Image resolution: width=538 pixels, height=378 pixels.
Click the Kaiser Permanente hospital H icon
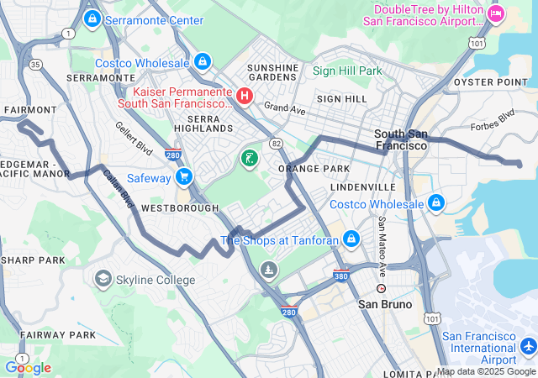pos(245,96)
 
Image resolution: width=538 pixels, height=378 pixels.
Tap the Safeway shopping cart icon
pos(185,177)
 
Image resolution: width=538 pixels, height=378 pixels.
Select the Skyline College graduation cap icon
pos(103,278)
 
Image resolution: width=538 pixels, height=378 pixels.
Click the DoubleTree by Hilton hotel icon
pos(496,13)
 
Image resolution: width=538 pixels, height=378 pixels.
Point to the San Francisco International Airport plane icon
pos(528,345)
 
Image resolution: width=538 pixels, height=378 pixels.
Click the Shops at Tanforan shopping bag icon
pos(351,240)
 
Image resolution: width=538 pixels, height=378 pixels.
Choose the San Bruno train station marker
pos(381,288)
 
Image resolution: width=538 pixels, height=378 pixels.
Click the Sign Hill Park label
pos(347,71)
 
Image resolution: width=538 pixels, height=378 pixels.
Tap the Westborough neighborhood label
pos(174,207)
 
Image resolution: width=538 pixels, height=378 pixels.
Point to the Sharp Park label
pos(33,260)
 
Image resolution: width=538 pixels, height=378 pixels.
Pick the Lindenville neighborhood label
pos(363,186)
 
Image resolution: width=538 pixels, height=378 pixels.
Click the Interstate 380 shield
pos(341,274)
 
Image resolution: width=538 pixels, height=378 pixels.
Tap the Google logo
pos(28,367)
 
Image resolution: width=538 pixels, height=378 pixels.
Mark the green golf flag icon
pos(250,157)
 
